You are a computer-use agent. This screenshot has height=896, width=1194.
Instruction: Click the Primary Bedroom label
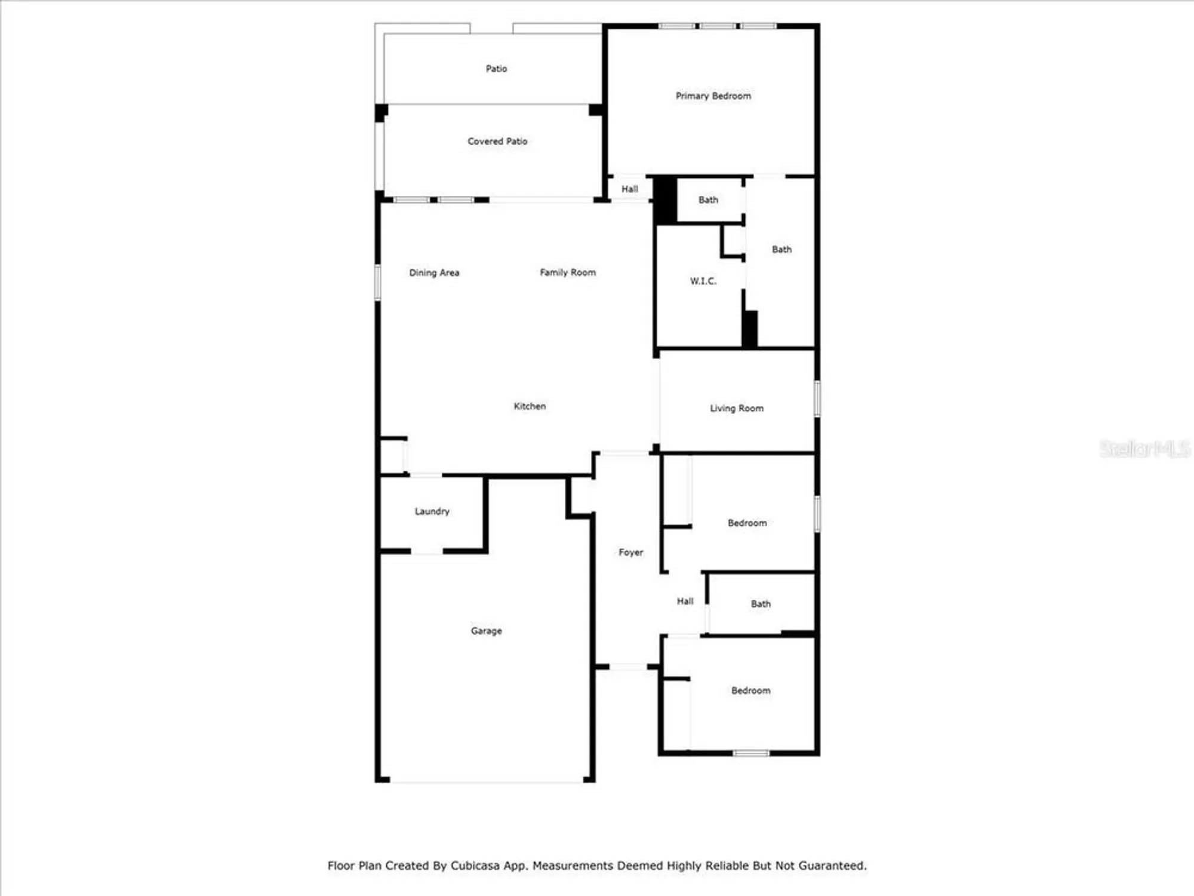[713, 96]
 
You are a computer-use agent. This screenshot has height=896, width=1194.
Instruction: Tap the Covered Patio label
[497, 142]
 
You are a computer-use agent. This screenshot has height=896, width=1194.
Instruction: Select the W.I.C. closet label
[703, 281]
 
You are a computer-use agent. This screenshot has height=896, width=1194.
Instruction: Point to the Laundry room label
[432, 511]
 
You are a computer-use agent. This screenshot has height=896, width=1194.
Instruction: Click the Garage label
[486, 631]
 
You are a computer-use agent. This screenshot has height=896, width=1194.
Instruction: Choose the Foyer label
[630, 553]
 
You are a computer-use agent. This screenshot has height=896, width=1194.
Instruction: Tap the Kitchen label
[530, 406]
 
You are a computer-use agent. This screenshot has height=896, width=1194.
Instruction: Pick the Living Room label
[736, 409]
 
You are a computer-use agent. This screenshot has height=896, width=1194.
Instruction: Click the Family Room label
[567, 272]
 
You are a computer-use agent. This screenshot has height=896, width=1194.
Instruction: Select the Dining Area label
[434, 273]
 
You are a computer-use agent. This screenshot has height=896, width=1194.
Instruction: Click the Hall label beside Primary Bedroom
[629, 189]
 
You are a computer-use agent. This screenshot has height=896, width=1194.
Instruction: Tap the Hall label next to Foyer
[685, 602]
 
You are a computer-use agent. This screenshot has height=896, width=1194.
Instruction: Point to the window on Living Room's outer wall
[817, 398]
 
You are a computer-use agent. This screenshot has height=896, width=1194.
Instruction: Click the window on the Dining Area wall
[377, 283]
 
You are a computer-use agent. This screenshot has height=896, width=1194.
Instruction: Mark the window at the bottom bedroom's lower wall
[751, 753]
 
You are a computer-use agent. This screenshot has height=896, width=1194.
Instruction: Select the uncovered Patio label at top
[496, 69]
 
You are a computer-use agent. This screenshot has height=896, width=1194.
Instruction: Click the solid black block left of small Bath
[665, 201]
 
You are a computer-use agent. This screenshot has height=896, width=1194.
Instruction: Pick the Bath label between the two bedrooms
[760, 604]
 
